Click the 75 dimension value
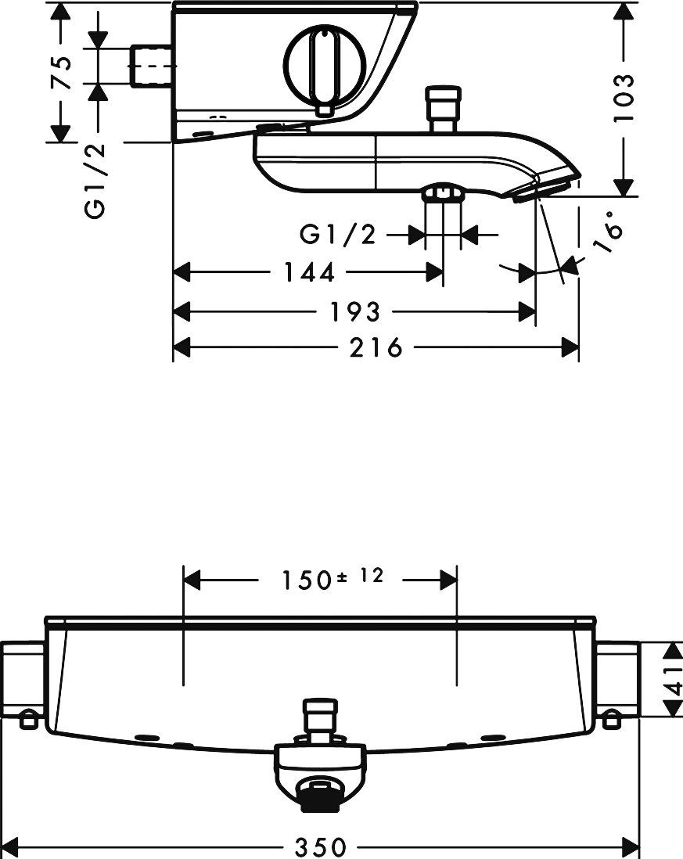63,71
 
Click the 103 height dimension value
622,98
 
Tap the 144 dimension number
309,271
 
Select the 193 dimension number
354,311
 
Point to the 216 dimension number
376,347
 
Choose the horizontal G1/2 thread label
338,235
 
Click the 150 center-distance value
307,580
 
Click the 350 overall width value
321,847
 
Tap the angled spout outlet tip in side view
547,188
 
